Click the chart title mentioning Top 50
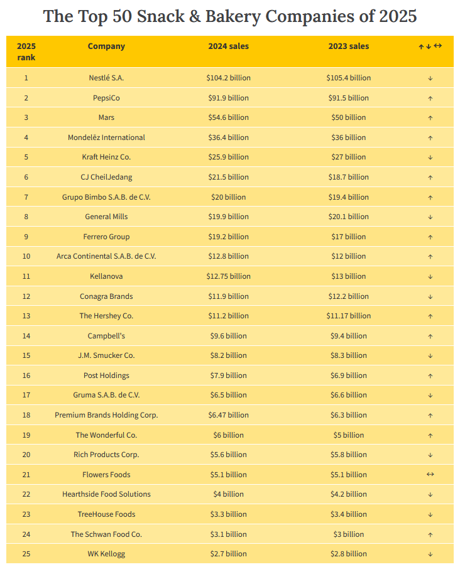pos(230,16)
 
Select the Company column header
pos(106,46)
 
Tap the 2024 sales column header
pos(228,46)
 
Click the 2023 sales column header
pos(348,46)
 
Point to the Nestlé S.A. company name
pos(106,78)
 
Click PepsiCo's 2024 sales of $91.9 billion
pos(228,98)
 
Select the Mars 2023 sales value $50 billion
pos(348,117)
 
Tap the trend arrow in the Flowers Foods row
pos(430,475)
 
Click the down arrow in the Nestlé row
pos(430,78)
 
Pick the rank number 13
pos(26,316)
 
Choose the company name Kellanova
pos(106,276)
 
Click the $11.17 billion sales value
pos(348,316)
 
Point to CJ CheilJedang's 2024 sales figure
pos(228,177)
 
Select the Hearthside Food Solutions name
pos(106,494)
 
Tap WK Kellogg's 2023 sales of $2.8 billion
pos(348,554)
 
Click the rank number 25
pos(26,554)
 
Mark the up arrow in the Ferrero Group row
pos(430,237)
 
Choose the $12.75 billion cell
pos(228,276)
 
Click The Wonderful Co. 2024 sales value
pos(228,435)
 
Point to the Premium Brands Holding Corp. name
pos(106,415)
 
